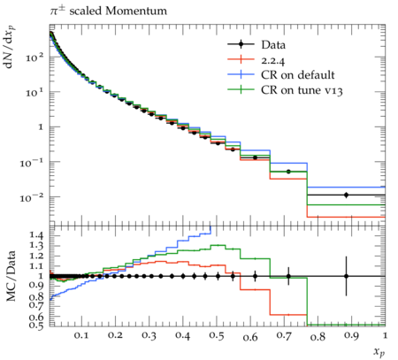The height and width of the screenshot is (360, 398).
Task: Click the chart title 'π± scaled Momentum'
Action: click(x=108, y=11)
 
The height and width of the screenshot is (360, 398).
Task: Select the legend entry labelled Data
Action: click(x=273, y=45)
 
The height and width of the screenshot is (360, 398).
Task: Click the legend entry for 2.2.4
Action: click(x=273, y=60)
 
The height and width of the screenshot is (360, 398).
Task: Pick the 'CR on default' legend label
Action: click(x=298, y=75)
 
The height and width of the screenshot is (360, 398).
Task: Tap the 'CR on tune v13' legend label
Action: click(x=302, y=90)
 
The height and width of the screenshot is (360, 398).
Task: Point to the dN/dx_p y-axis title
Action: click(x=11, y=47)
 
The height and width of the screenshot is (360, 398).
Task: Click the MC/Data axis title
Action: click(x=11, y=276)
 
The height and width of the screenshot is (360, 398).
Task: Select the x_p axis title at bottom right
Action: click(x=379, y=351)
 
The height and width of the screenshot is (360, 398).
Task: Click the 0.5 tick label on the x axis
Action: click(x=217, y=336)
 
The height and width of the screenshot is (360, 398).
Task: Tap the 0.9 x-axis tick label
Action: click(x=351, y=336)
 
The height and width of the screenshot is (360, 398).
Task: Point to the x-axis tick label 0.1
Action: click(x=81, y=336)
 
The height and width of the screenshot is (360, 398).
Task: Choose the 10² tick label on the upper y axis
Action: click(x=34, y=57)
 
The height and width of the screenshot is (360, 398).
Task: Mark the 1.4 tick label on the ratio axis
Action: click(x=36, y=235)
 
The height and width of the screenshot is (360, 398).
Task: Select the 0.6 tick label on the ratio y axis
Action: click(x=36, y=317)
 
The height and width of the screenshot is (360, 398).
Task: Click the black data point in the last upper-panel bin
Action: click(x=347, y=195)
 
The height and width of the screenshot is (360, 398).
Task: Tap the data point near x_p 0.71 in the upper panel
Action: click(x=288, y=172)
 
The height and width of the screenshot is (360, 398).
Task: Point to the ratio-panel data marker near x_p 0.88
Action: click(x=347, y=276)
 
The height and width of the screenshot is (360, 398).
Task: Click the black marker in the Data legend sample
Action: click(x=241, y=44)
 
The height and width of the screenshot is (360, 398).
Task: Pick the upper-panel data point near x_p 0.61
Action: click(x=256, y=157)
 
